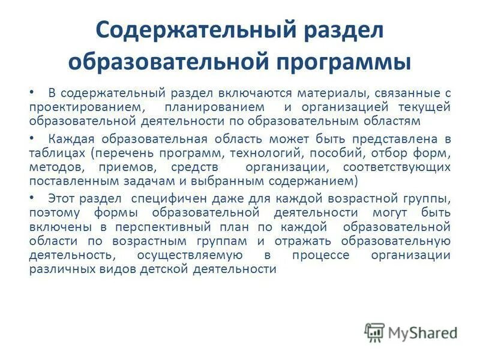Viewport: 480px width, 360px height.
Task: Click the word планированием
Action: (216, 107)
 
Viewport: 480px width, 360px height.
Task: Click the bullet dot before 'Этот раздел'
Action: (32, 197)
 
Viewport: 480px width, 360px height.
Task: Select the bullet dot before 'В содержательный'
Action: (32, 93)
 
